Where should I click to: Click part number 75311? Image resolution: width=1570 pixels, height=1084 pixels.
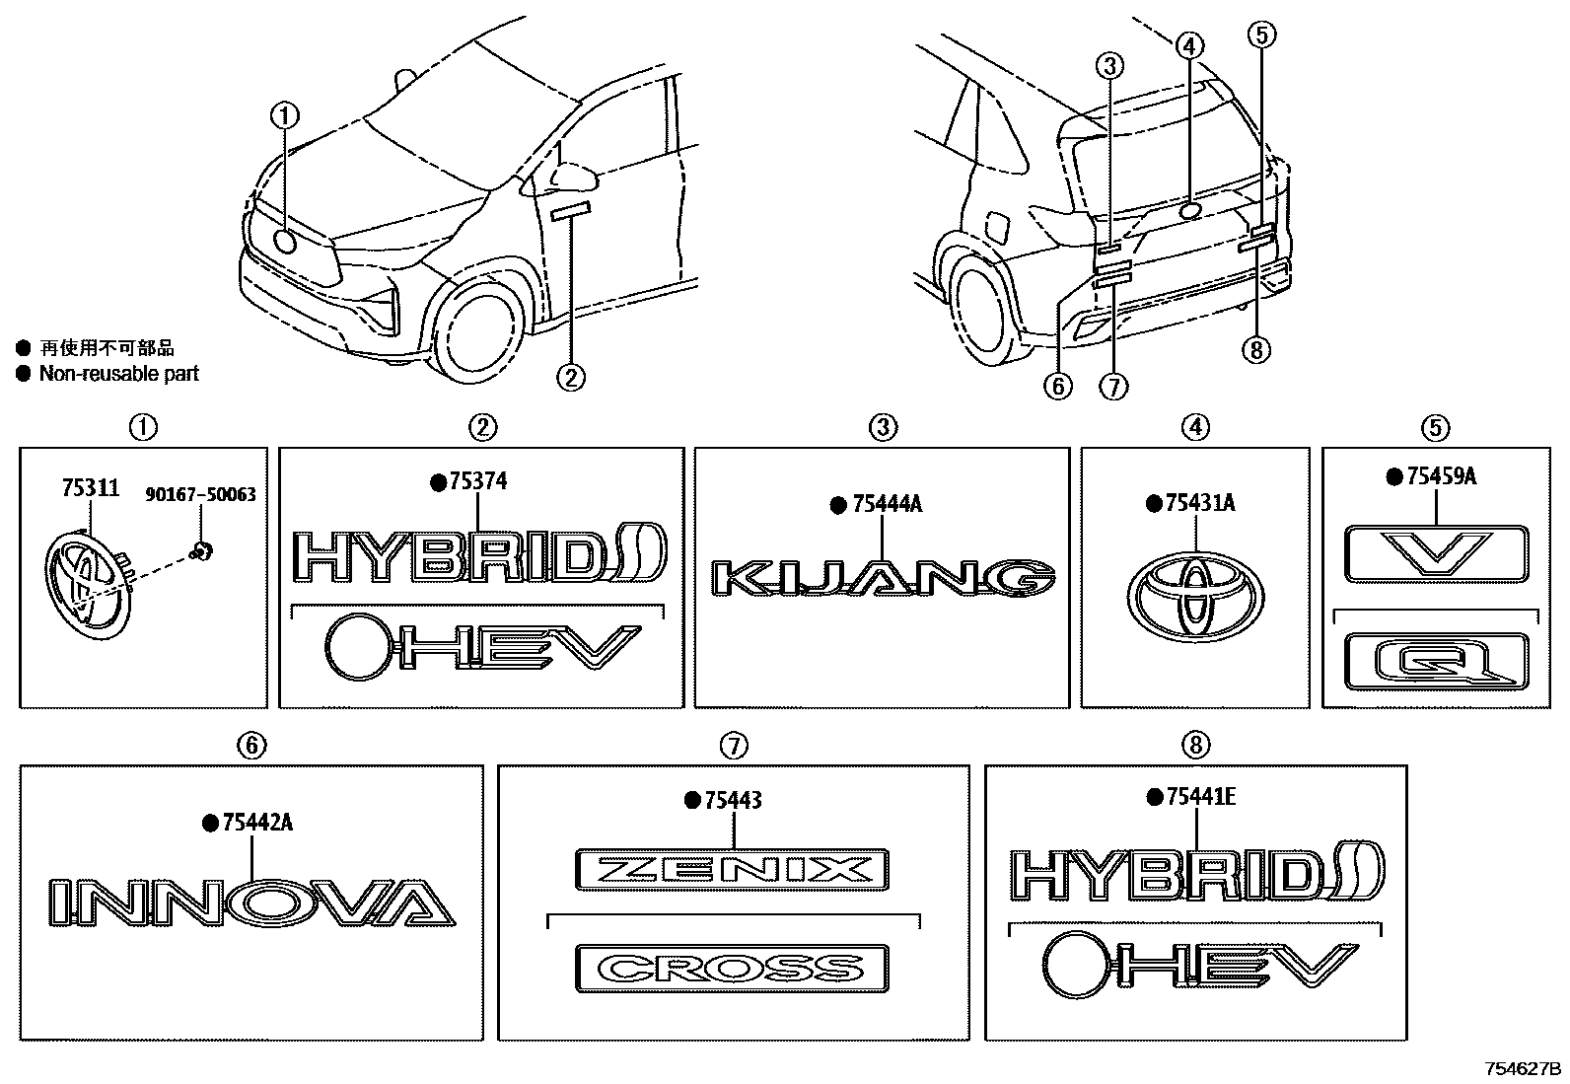(x=91, y=487)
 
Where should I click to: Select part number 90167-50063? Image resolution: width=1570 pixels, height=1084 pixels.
(x=201, y=494)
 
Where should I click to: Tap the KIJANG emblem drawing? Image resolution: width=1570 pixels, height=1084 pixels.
(x=883, y=578)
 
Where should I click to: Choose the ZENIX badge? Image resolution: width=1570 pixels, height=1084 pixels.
(x=732, y=870)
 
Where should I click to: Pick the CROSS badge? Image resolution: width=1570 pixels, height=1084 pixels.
(x=732, y=968)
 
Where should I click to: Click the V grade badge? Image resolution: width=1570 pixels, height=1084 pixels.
(x=1436, y=553)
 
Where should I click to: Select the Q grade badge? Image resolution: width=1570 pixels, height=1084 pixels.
(x=1436, y=661)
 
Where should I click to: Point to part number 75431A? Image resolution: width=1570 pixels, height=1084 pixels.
(x=1199, y=504)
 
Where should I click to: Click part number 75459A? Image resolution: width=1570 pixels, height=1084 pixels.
(x=1440, y=477)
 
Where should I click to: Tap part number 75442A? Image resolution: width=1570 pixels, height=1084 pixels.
(x=257, y=823)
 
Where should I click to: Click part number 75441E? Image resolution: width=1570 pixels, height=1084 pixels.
(x=1199, y=797)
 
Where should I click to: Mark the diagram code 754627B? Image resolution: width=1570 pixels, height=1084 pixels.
(x=1524, y=1069)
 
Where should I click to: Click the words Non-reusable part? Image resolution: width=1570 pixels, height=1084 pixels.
(x=118, y=374)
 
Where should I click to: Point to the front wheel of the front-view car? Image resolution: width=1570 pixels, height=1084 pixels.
(x=481, y=326)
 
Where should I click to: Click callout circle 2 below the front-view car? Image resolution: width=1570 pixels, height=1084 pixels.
(x=571, y=376)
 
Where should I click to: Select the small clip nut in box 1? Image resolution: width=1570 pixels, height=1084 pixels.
(x=201, y=550)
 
